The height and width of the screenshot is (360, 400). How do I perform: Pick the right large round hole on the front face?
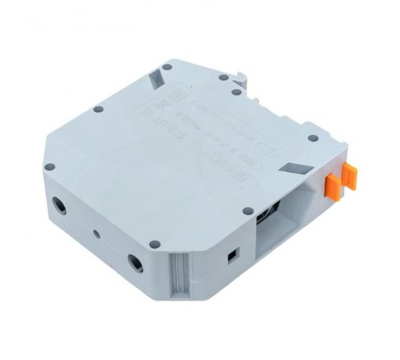pyautogui.click(x=136, y=262)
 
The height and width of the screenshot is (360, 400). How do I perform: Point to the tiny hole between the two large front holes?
pyautogui.click(x=97, y=234)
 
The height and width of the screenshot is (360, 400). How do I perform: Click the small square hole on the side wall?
pyautogui.click(x=232, y=254)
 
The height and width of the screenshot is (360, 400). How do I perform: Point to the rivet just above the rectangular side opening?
pyautogui.click(x=247, y=210)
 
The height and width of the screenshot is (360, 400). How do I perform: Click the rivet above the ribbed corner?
pyautogui.click(x=154, y=243)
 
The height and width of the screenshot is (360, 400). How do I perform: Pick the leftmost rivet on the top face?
pyautogui.click(x=49, y=167)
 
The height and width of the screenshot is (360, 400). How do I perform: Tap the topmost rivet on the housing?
pyautogui.click(x=166, y=67)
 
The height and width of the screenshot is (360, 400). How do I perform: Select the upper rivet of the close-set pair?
pyautogui.click(x=223, y=78)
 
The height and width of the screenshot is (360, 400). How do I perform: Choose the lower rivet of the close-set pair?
pyautogui.click(x=235, y=93)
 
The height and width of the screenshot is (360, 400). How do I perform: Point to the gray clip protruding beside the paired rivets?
pyautogui.click(x=243, y=78)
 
